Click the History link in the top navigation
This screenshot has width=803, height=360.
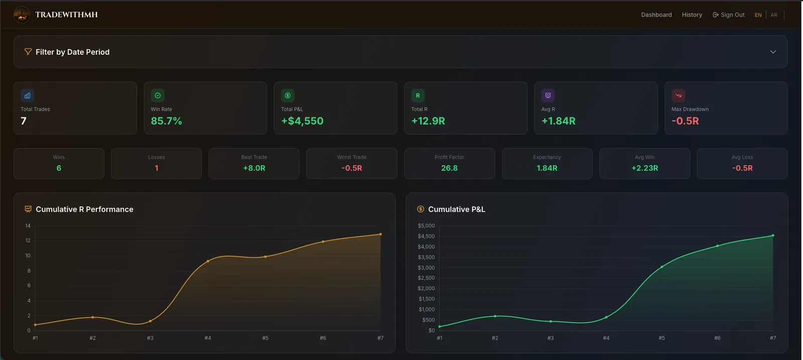pos(692,15)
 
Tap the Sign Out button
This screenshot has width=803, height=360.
pos(728,15)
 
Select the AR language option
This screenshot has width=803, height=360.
pos(774,15)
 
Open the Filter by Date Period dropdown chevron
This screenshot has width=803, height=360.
pos(773,52)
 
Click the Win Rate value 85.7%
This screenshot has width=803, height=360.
pos(166,121)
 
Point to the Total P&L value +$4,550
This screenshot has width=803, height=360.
pos(302,121)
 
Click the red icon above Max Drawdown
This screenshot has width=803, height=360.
pos(678,95)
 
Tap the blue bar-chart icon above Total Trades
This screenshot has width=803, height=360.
pos(27,95)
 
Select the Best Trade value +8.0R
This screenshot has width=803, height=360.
pos(254,168)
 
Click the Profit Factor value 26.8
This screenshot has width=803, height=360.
pos(449,168)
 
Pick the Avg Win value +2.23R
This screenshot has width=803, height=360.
pos(644,168)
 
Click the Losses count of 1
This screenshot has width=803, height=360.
pos(156,168)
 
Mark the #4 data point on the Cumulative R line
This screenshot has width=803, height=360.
pos(208,261)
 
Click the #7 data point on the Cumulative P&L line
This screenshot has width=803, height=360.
pos(773,235)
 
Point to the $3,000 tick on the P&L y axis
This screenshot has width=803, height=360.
pos(426,268)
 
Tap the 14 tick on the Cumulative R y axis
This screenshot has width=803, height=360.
pos(28,225)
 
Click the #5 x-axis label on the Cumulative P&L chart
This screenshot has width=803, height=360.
pos(661,338)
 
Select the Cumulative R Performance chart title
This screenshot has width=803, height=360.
pos(84,209)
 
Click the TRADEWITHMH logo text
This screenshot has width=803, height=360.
pos(66,15)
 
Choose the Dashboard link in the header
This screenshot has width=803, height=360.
pos(656,15)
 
